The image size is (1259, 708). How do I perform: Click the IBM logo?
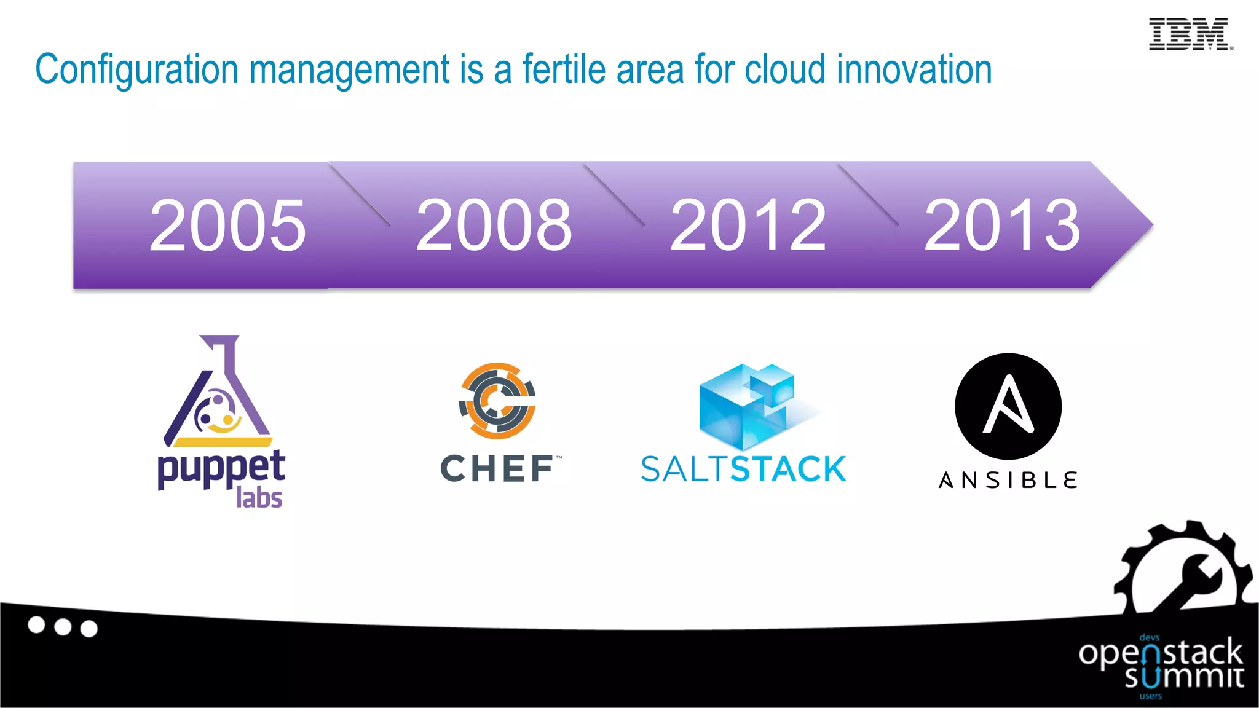click(1190, 34)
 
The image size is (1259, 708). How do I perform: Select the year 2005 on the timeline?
click(227, 226)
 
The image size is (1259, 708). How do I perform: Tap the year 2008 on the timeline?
click(494, 226)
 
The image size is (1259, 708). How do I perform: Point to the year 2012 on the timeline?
click(748, 226)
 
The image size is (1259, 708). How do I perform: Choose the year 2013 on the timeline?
click(1001, 226)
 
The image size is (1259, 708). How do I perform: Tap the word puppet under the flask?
click(221, 468)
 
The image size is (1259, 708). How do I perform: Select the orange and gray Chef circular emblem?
click(497, 401)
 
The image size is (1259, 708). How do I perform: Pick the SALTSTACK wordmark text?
click(743, 470)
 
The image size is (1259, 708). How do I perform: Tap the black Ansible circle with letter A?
click(1008, 406)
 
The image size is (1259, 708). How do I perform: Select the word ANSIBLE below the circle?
click(1008, 480)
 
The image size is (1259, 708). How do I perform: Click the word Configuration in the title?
click(136, 69)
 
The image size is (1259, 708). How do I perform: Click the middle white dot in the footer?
click(63, 627)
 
